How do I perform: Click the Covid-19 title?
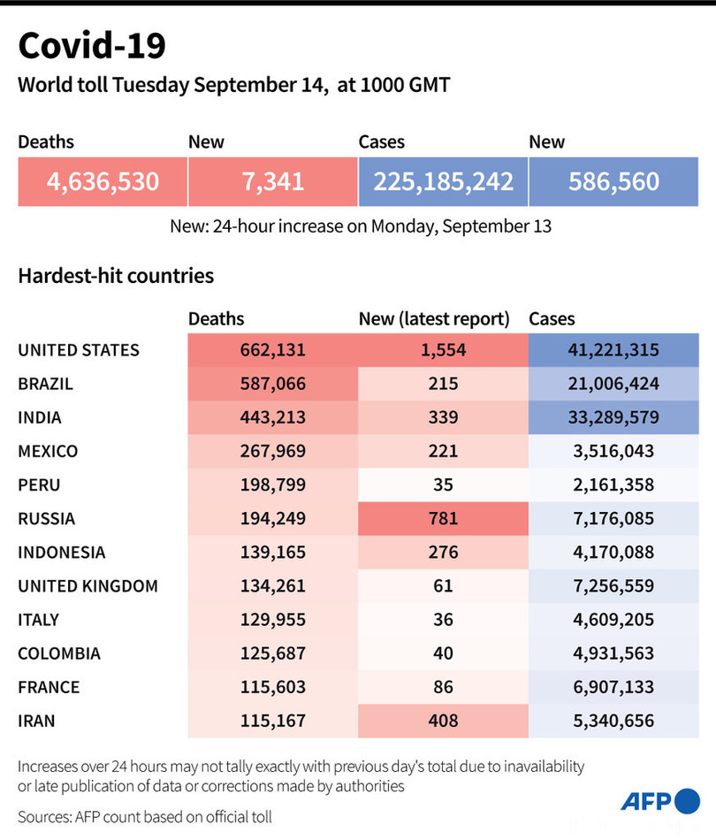92,46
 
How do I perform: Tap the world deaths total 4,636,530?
103,181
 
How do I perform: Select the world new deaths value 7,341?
272,181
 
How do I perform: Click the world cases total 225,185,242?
443,181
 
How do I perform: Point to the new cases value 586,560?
613,181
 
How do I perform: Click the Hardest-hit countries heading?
116,275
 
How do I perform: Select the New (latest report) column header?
434,319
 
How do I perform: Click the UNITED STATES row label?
79,350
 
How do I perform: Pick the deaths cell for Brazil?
272,384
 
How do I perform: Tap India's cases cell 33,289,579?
613,417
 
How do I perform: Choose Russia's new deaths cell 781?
443,518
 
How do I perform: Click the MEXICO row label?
48,451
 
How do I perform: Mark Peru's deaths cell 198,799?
272,485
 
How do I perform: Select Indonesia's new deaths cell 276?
443,552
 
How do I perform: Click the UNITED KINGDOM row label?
88,585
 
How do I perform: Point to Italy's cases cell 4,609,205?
613,619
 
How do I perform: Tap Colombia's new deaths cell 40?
443,653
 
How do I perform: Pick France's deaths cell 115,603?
272,686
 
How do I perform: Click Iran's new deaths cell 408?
443,720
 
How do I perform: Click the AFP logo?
659,802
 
